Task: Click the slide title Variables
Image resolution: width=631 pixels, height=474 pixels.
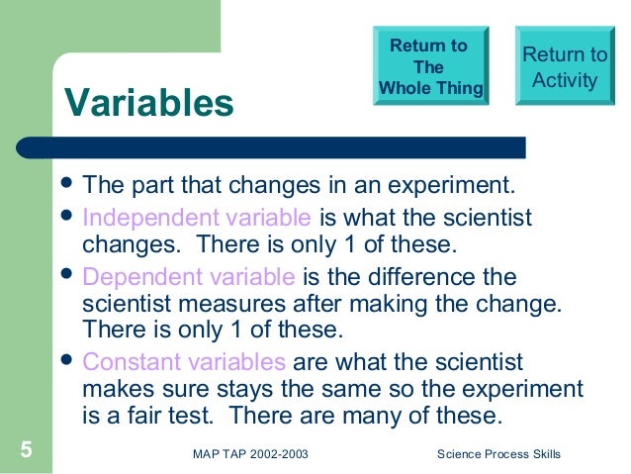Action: tap(148, 102)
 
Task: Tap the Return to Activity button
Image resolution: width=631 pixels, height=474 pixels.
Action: tap(564, 67)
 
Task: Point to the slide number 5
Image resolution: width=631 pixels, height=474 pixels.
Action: tap(27, 453)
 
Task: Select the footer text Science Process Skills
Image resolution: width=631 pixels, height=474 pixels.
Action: tap(498, 454)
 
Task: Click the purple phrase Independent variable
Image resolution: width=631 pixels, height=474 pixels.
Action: tap(197, 217)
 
